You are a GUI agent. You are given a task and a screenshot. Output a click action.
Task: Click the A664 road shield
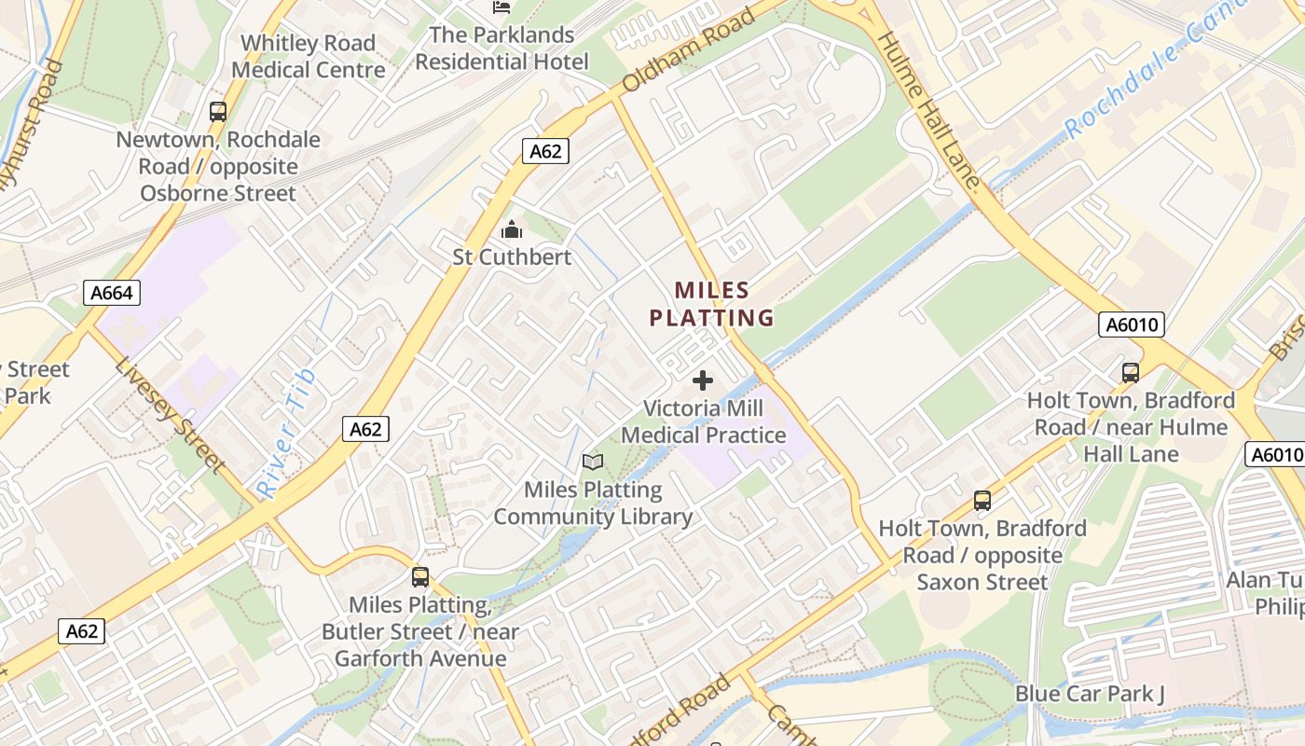112,293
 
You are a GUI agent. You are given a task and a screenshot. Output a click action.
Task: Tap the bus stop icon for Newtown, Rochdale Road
218,112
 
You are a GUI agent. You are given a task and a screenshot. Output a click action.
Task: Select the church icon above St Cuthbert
512,229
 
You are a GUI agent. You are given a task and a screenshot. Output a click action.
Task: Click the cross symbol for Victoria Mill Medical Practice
703,380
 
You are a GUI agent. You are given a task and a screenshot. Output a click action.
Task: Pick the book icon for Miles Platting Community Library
593,462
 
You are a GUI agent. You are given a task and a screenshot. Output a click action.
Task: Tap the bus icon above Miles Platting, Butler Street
420,577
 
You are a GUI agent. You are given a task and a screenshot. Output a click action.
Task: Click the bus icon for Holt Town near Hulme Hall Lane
1131,373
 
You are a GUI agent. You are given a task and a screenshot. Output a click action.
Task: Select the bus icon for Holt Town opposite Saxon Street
982,501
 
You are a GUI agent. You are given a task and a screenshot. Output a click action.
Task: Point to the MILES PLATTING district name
712,304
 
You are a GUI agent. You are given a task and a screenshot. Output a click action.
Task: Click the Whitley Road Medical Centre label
308,57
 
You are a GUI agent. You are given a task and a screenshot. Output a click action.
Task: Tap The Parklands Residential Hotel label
501,48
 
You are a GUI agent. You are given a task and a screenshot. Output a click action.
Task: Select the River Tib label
287,433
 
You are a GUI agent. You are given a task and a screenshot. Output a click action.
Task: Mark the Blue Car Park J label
1090,694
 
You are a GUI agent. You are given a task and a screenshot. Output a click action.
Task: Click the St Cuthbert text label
512,256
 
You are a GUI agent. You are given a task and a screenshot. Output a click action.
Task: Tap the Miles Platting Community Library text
593,504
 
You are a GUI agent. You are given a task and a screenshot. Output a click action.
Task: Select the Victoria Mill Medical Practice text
704,421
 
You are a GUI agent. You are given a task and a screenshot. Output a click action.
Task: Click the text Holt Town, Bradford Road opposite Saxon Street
982,555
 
